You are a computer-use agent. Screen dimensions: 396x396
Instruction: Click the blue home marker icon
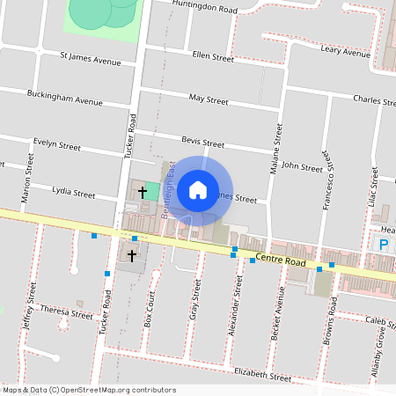(x=198, y=189)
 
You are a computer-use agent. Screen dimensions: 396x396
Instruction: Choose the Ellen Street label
(x=213, y=57)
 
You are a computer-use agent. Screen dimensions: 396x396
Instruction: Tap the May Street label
(x=209, y=99)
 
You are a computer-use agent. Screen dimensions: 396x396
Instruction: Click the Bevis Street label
(x=203, y=142)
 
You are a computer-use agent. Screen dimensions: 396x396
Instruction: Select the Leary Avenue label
(x=346, y=52)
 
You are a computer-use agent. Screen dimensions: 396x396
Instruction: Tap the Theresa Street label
(x=67, y=312)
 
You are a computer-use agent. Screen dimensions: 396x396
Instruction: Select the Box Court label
(x=151, y=309)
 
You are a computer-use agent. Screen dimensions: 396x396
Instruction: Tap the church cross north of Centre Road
(x=143, y=190)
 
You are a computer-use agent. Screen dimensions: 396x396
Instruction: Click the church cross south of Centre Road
(x=132, y=255)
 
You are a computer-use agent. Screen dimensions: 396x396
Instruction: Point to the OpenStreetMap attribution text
(x=90, y=390)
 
